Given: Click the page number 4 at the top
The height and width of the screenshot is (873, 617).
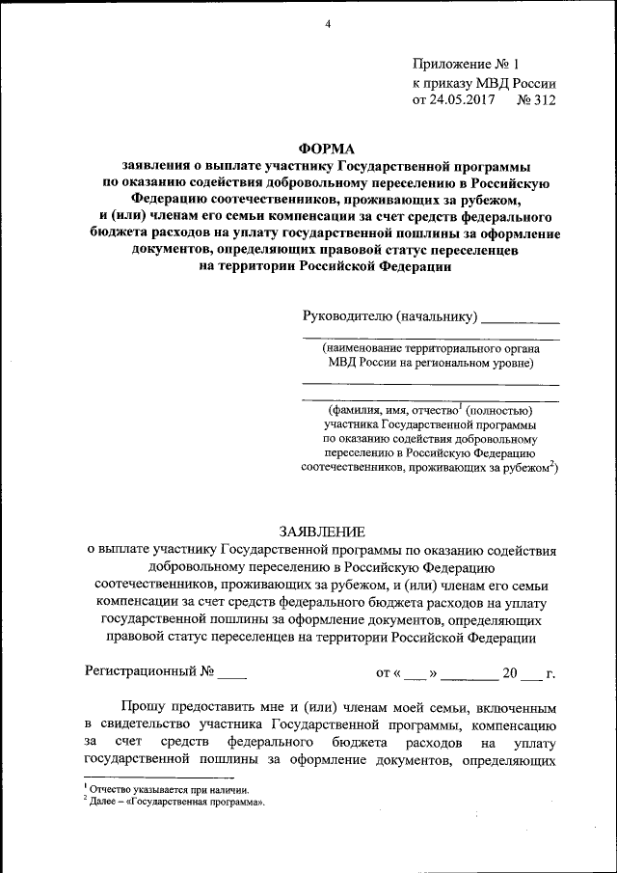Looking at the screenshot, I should [x=328, y=25].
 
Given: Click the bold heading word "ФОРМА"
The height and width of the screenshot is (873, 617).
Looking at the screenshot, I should [x=327, y=149].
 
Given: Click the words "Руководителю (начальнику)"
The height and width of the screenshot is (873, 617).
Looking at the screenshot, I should [x=389, y=315].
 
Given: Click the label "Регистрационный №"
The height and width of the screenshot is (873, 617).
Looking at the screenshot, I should [x=149, y=671].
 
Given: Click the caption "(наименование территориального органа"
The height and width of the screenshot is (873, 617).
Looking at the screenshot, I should [x=431, y=347].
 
